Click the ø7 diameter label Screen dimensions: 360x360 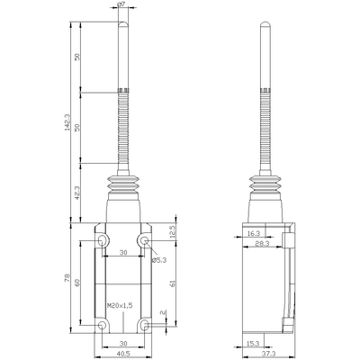click(x=121, y=5)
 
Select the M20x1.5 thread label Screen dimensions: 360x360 click(x=119, y=305)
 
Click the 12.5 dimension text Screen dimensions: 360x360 click(x=172, y=233)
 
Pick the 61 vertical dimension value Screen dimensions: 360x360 click(x=172, y=282)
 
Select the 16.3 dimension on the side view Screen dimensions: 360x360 click(x=254, y=233)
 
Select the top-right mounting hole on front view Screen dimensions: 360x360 click(x=144, y=241)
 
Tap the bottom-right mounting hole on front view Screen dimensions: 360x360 click(x=144, y=322)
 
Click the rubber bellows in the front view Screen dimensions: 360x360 click(x=122, y=191)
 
